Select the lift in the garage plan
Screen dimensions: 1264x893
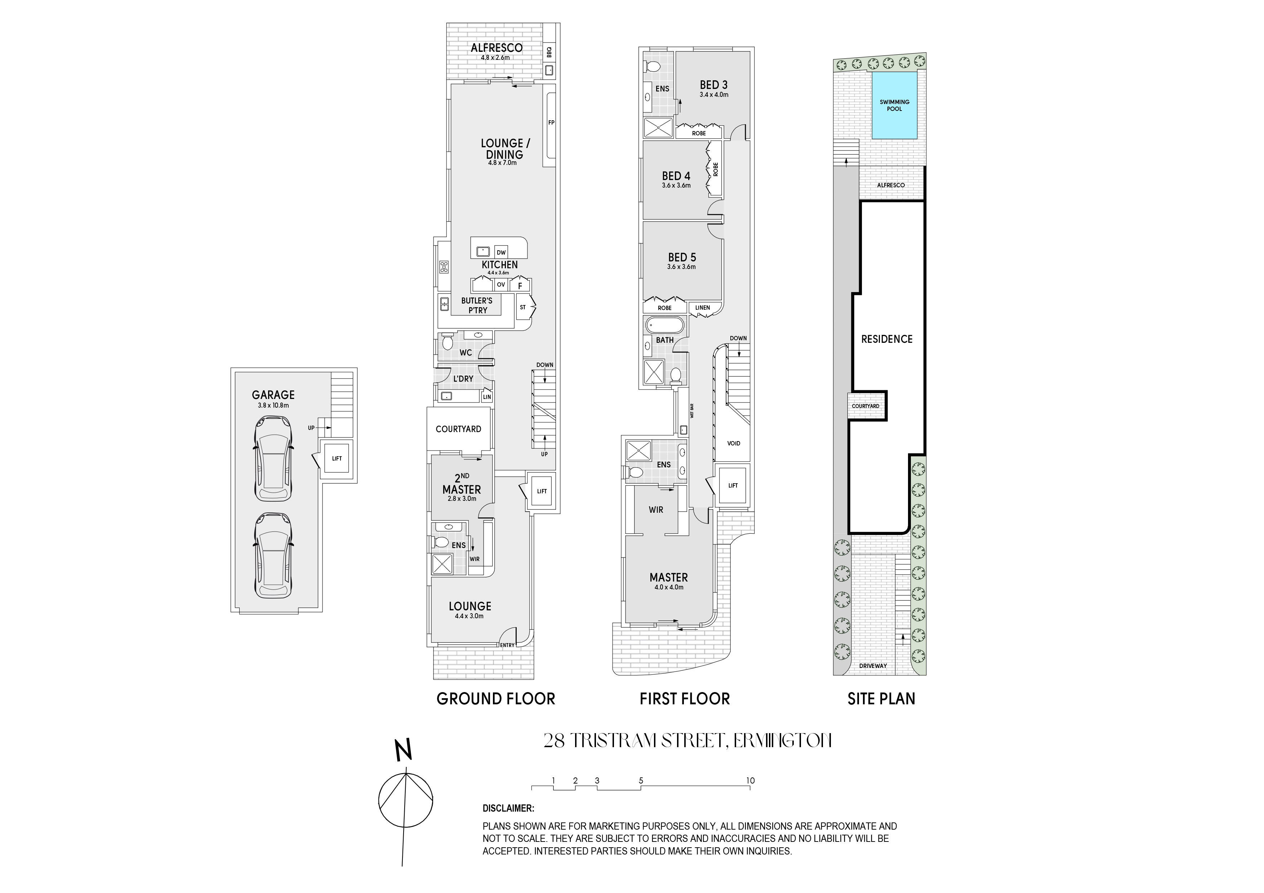[337, 459]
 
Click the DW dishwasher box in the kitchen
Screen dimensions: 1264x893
[501, 252]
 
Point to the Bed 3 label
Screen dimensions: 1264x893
[713, 85]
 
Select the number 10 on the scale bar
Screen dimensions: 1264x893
[750, 780]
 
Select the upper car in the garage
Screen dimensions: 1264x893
[273, 459]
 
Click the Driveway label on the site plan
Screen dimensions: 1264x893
[873, 666]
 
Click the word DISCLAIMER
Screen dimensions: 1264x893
[508, 808]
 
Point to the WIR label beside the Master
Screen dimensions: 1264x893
[656, 510]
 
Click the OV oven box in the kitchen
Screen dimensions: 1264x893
[501, 284]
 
